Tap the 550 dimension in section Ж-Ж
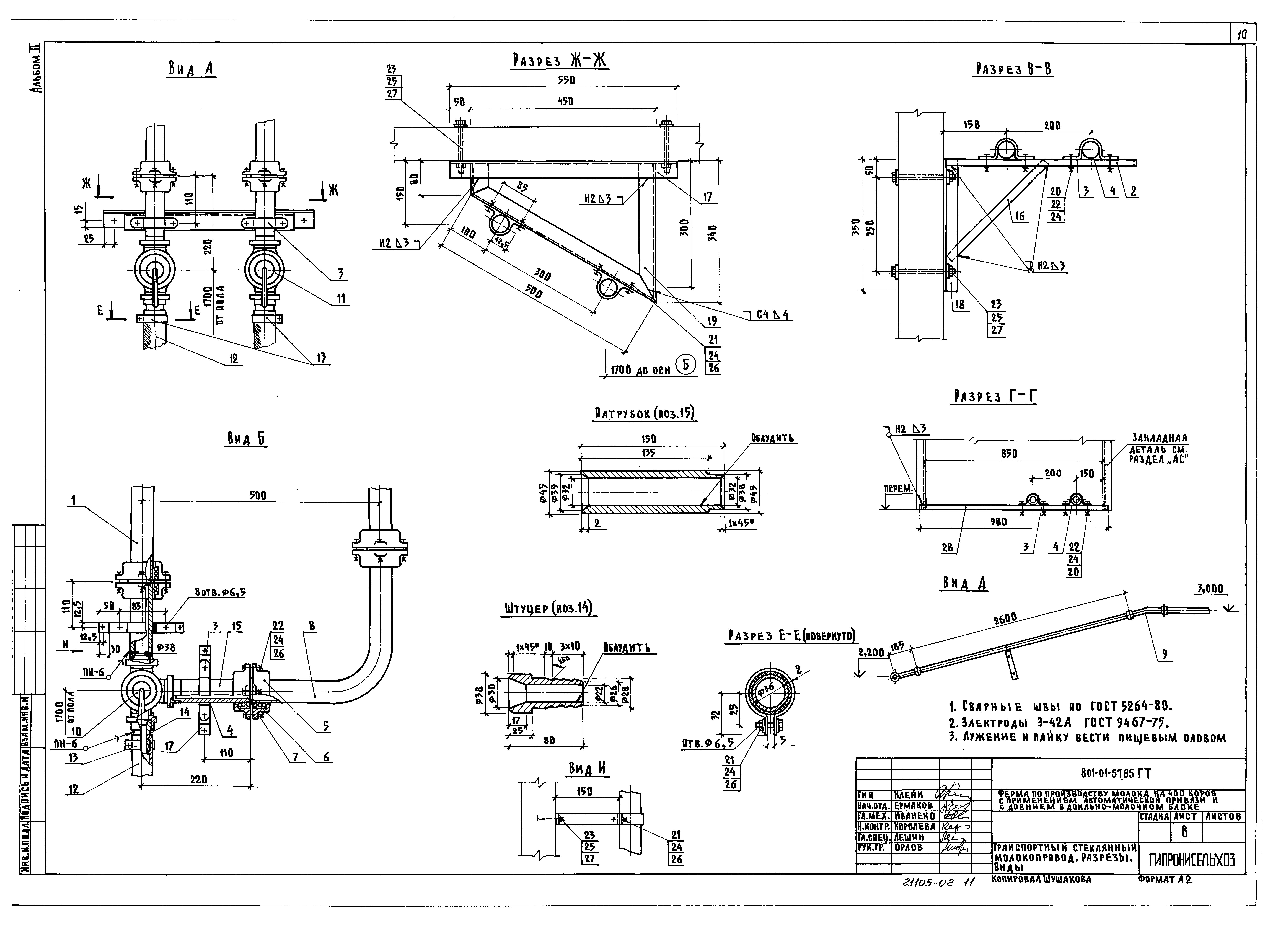coord(566,80)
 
